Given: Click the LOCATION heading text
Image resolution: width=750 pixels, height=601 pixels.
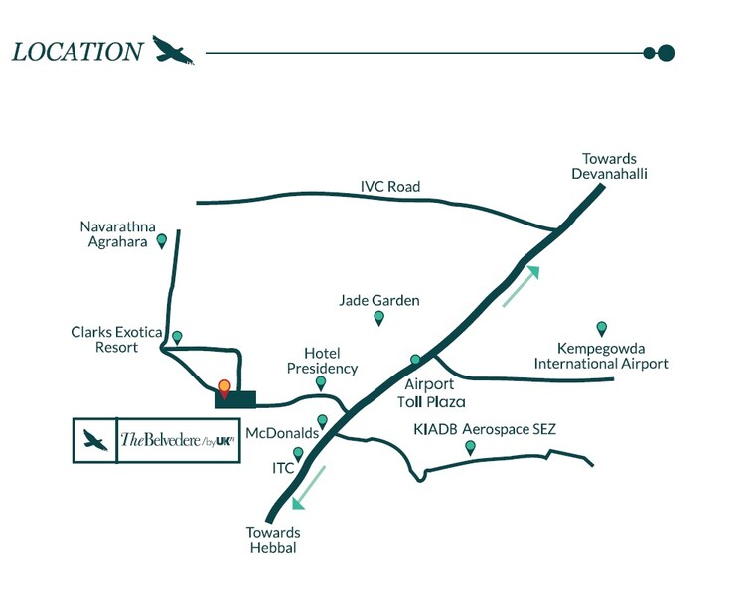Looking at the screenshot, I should pyautogui.click(x=76, y=52).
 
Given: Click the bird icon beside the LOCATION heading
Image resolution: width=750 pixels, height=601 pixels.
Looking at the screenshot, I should pyautogui.click(x=174, y=51).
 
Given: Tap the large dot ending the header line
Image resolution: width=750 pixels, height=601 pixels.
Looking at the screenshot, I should pyautogui.click(x=667, y=53).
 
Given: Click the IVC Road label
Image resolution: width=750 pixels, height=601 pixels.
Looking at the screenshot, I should pyautogui.click(x=390, y=187).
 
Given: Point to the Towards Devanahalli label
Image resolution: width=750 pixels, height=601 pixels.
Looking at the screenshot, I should pyautogui.click(x=609, y=167).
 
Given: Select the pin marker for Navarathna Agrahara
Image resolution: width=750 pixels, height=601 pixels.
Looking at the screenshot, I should pyautogui.click(x=161, y=240).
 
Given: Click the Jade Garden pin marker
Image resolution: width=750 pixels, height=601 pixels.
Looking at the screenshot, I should pyautogui.click(x=378, y=318).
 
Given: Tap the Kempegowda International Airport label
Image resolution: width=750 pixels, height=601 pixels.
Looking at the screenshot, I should pyautogui.click(x=601, y=356).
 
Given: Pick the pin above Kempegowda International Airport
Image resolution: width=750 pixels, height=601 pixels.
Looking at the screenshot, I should pyautogui.click(x=601, y=328).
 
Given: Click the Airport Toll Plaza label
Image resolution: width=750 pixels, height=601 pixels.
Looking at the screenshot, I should pyautogui.click(x=429, y=393).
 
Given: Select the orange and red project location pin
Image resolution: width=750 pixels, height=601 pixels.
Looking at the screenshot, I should pyautogui.click(x=225, y=388).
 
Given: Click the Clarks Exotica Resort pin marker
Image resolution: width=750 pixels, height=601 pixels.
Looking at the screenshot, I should pyautogui.click(x=177, y=337).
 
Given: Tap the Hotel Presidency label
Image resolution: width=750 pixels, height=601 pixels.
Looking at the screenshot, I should pyautogui.click(x=330, y=361).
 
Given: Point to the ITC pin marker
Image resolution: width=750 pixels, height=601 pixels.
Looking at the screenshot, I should pyautogui.click(x=298, y=454).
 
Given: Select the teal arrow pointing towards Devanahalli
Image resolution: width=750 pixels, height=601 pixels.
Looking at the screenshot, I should pyautogui.click(x=522, y=286).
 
